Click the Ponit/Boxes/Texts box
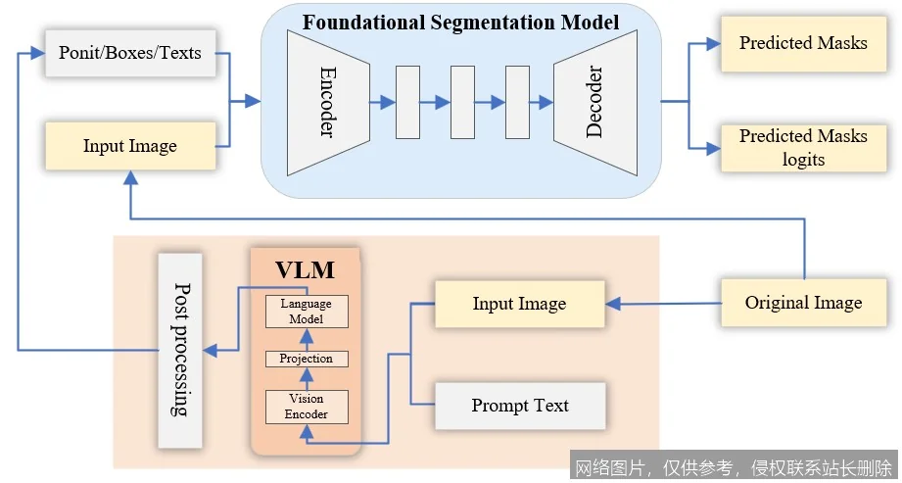coord(130,52)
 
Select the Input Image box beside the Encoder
coord(130,146)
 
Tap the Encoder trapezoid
coord(327,101)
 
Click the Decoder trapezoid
coord(594,101)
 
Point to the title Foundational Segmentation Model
coord(460,22)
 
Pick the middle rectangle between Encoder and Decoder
coord(461,102)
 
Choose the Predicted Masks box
coord(803,43)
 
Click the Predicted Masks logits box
coord(803,147)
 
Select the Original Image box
coord(803,302)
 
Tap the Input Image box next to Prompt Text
coord(519,304)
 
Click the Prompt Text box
coord(519,406)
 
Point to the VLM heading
coord(306,269)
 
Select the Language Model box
coord(307,311)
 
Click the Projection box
coord(307,359)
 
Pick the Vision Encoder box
coord(307,407)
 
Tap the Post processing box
coord(180,350)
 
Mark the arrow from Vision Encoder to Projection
coord(307,379)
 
